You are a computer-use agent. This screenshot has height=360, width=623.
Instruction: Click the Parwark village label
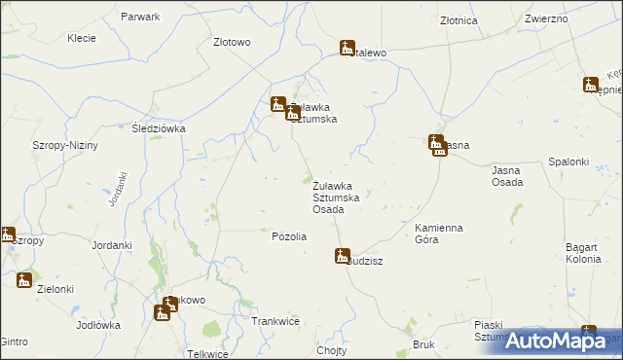pyautogui.click(x=139, y=18)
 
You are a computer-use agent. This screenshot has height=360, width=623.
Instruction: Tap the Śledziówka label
pyautogui.click(x=159, y=128)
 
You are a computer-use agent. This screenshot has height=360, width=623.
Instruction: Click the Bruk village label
pyautogui.click(x=422, y=344)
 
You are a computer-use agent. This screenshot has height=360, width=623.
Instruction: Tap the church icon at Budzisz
pyautogui.click(x=342, y=257)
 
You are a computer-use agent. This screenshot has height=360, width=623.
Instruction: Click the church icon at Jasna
pyautogui.click(x=437, y=145)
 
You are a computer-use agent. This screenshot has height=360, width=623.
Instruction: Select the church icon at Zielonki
pyautogui.click(x=24, y=281)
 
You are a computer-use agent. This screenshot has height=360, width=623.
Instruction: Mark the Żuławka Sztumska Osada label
pyautogui.click(x=341, y=197)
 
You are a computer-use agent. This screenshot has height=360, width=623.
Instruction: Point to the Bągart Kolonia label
pyautogui.click(x=588, y=254)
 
